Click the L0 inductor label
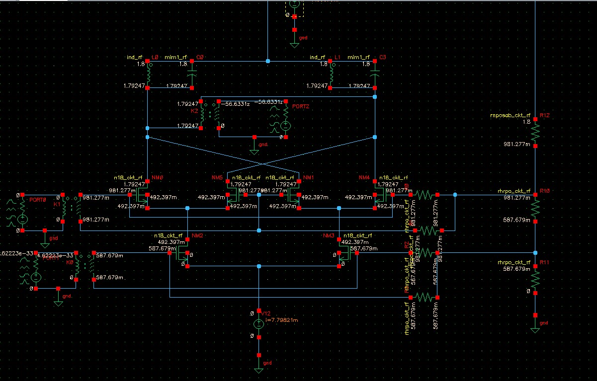[155, 58]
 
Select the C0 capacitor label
[200, 58]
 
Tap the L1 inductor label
[337, 58]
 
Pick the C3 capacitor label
[382, 58]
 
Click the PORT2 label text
[301, 106]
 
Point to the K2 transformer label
[194, 111]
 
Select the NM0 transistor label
[157, 177]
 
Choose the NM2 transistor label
[197, 235]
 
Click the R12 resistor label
[545, 115]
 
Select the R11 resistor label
[545, 262]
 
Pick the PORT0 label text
[37, 199]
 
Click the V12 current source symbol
[258, 324]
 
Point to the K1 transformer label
[57, 204]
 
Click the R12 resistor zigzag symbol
[535, 132]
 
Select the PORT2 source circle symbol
[285, 126]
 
